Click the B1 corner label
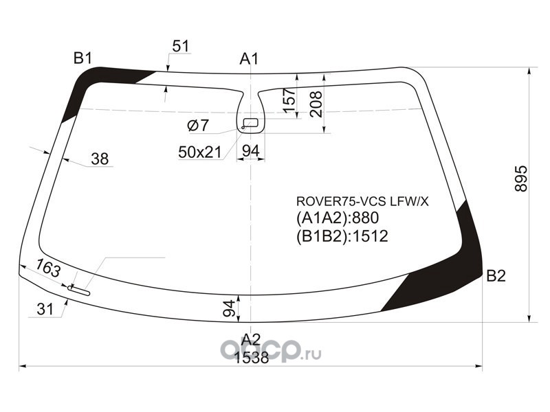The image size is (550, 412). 83,58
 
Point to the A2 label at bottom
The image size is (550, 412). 251,338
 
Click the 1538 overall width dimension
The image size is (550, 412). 251,357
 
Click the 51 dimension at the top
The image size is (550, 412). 180,46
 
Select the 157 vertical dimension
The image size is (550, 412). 289,100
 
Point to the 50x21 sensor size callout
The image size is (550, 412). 199,152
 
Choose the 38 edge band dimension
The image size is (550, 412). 100,159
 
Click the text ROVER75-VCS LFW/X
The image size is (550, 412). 362,201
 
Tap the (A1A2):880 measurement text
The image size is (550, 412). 338,219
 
